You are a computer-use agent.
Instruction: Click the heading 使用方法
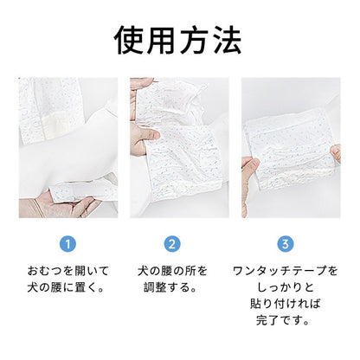(x=177, y=40)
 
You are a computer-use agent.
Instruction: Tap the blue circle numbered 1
(x=67, y=244)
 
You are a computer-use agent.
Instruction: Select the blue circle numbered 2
(x=172, y=244)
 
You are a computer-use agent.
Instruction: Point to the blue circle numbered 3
(x=286, y=244)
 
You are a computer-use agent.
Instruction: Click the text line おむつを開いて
(x=68, y=271)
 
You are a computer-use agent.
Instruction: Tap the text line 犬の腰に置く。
(x=66, y=287)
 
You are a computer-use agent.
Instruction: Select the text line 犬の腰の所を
(x=172, y=271)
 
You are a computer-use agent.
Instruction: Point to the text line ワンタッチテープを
(x=285, y=271)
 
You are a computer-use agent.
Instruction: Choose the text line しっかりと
(x=286, y=287)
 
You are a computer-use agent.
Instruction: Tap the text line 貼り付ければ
(x=286, y=304)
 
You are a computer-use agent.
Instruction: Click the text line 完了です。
(x=283, y=320)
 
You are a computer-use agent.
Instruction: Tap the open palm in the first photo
(x=62, y=204)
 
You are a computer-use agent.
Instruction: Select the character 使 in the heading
(x=128, y=41)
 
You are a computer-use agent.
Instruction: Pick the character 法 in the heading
(x=228, y=41)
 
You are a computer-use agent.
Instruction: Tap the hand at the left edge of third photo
(x=249, y=179)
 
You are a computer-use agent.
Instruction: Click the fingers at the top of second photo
(x=141, y=84)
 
